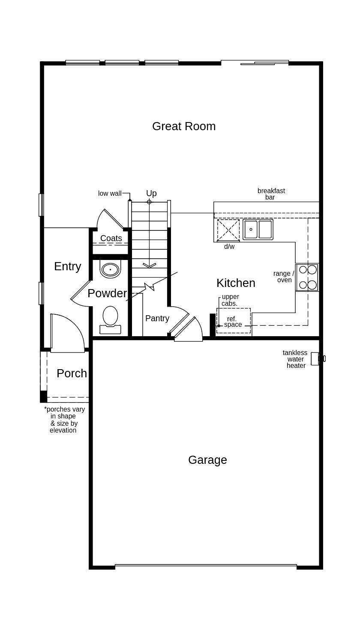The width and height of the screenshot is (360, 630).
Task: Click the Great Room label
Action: (x=184, y=126)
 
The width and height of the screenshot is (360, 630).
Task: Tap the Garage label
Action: (x=207, y=460)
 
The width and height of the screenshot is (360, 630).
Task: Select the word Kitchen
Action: (x=236, y=283)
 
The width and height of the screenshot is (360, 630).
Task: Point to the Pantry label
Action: (x=157, y=318)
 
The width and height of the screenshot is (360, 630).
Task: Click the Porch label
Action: (x=72, y=373)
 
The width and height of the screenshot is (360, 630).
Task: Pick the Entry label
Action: (x=67, y=266)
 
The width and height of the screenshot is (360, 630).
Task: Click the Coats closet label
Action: (x=111, y=238)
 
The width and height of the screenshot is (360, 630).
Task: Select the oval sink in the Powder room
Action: (x=111, y=269)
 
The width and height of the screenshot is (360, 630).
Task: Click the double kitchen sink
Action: (x=258, y=230)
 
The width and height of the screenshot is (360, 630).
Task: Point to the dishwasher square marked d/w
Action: (x=228, y=230)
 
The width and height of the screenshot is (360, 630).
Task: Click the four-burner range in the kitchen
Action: (x=307, y=277)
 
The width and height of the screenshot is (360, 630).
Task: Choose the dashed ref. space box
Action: (x=234, y=321)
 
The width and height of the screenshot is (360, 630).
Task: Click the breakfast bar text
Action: (x=271, y=194)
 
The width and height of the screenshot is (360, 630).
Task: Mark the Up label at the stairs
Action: (x=151, y=193)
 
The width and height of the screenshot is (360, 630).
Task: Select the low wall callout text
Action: (x=110, y=194)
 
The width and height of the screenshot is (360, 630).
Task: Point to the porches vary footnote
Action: (x=64, y=420)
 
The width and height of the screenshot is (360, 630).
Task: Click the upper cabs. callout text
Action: (x=230, y=300)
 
